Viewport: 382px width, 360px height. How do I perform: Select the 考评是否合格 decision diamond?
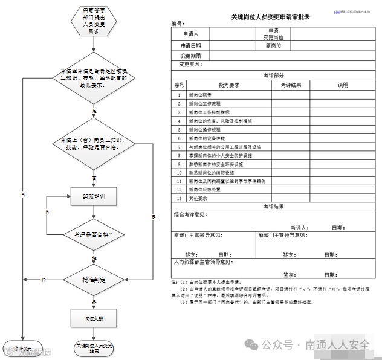coord(93,234)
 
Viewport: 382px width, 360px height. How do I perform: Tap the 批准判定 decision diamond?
coord(93,280)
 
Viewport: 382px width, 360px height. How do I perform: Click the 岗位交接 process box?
coord(93,317)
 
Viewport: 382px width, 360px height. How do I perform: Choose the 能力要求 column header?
coord(228,85)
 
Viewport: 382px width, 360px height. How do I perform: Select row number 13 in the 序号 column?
coord(179,198)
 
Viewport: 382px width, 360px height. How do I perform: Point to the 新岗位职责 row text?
coord(201,95)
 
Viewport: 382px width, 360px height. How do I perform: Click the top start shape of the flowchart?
coord(93,21)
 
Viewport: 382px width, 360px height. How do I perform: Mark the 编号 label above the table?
coord(177,24)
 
